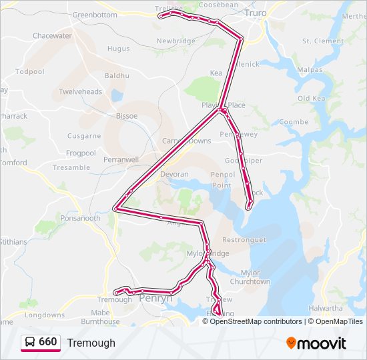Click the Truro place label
tap(256, 13)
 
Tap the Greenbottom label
tap(94, 15)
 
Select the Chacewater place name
tap(52, 35)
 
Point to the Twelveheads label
tap(80, 91)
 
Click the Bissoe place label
tap(126, 115)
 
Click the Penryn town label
tap(155, 299)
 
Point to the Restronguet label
tap(244, 239)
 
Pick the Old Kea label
tap(310, 98)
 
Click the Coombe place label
tap(294, 122)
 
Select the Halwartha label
tap(326, 308)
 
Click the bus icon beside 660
tap(30, 342)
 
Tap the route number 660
tap(47, 342)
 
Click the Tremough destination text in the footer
tap(91, 343)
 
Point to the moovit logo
tap(316, 343)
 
